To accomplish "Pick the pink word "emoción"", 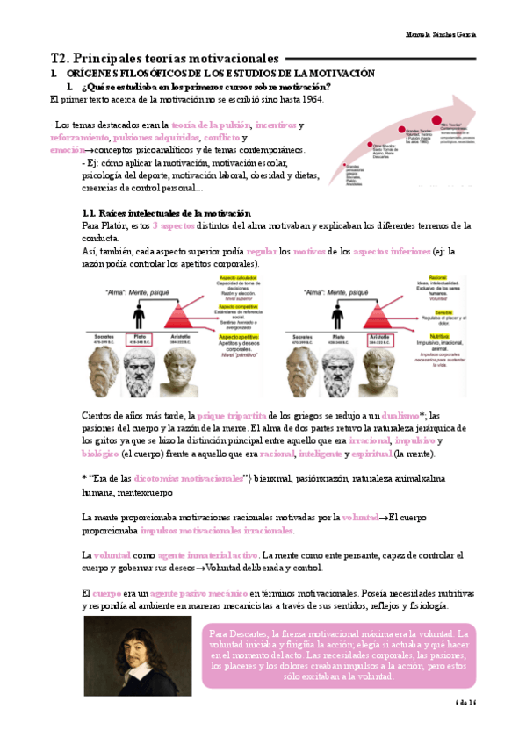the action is (x=68, y=150).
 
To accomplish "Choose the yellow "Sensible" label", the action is (x=418, y=299).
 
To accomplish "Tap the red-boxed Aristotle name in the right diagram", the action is (x=382, y=338).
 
